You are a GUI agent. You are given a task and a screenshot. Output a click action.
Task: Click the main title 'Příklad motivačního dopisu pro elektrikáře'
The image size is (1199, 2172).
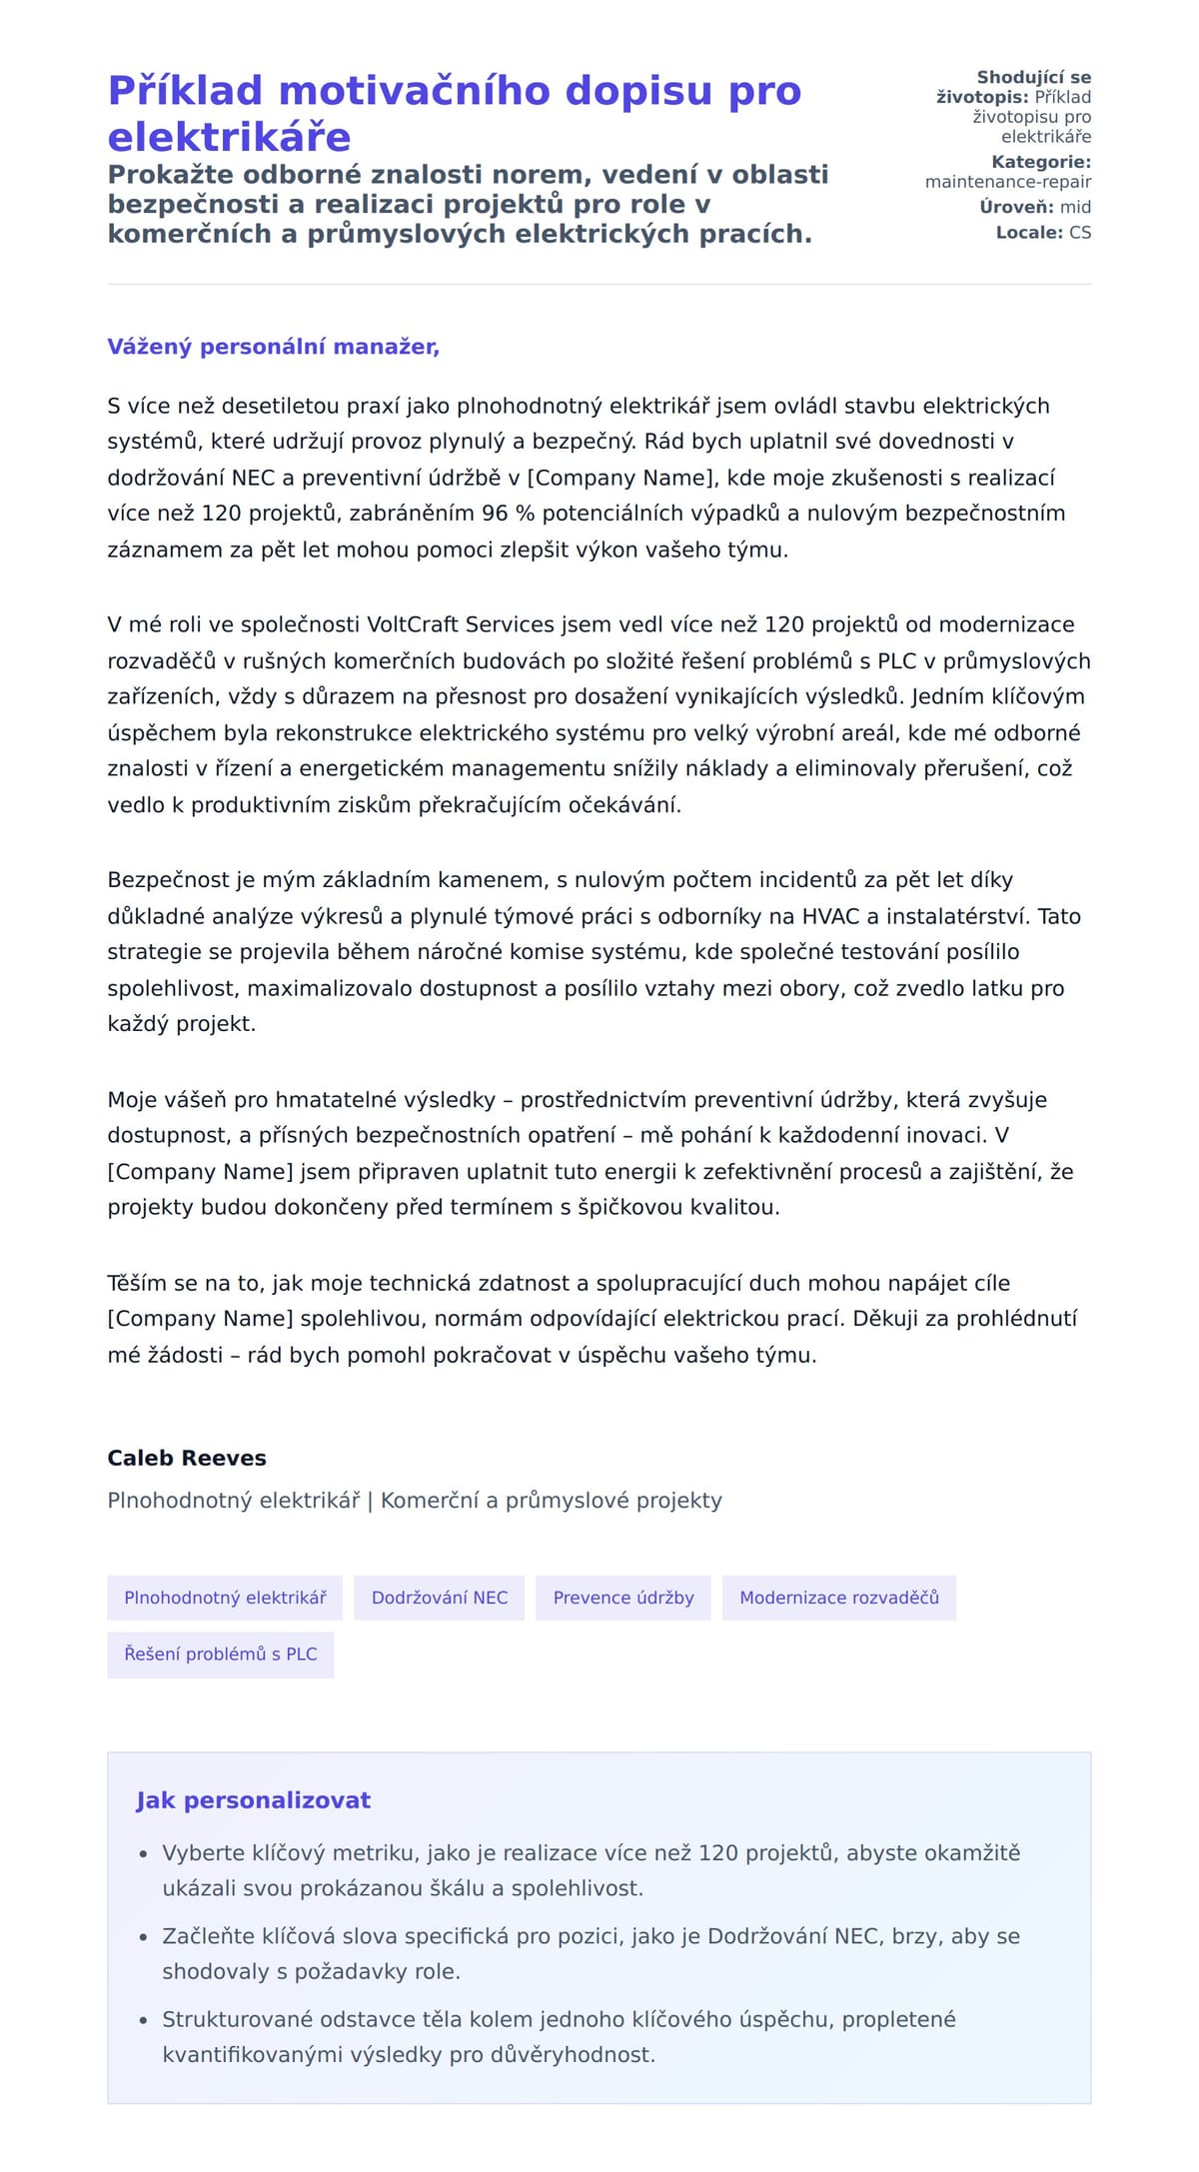coord(455,113)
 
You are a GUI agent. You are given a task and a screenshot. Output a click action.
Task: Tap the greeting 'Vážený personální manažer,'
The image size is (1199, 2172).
coord(273,347)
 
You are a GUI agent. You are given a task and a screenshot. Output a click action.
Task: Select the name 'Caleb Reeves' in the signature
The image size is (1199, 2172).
coord(187,1458)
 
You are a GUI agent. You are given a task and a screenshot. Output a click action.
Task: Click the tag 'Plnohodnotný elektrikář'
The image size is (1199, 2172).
coord(225,1598)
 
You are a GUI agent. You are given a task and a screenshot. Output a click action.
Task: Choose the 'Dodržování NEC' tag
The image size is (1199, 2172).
coord(440,1598)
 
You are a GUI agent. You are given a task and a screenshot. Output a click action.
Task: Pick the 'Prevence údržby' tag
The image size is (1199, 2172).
coord(623,1598)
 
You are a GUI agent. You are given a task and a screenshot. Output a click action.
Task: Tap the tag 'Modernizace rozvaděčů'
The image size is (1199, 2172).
coord(839,1598)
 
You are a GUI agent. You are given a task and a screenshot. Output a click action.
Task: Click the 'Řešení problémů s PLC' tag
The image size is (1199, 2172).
coord(221,1654)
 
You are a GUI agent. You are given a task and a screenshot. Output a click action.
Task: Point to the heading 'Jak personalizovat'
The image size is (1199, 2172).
coord(253,1800)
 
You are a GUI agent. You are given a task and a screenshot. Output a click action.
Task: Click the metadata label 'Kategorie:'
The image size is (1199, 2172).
coord(1041,162)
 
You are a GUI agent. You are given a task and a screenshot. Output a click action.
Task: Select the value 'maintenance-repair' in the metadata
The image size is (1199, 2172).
coord(1008,182)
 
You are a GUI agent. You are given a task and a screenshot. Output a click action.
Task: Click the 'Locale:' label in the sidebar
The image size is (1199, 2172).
coord(1029,233)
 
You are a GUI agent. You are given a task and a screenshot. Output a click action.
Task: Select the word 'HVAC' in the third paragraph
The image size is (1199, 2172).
coord(830,916)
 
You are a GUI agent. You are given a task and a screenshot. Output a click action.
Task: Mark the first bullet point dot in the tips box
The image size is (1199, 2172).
coord(144,1854)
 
